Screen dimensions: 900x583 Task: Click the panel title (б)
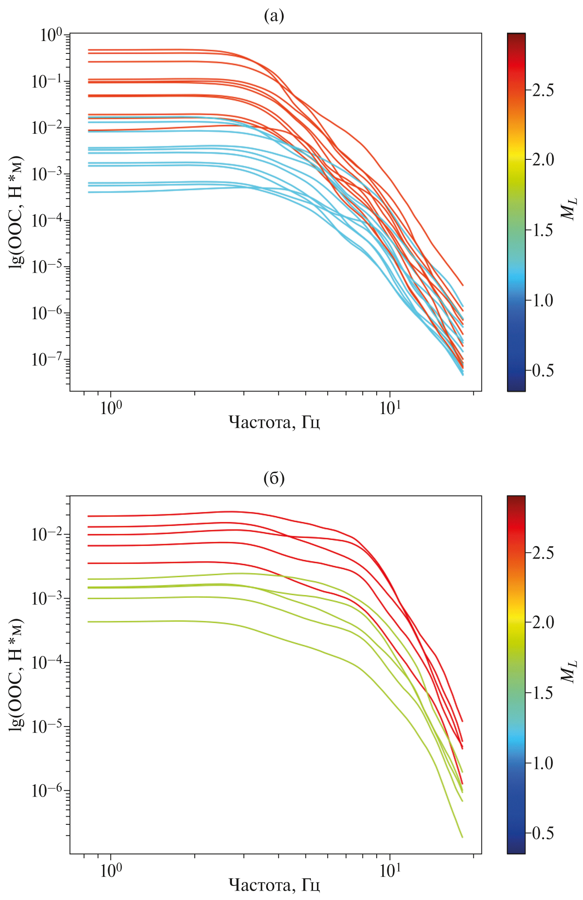click(x=274, y=478)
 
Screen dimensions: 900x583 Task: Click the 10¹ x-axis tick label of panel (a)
click(x=390, y=408)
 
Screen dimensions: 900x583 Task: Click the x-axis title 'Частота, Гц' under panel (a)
click(x=274, y=423)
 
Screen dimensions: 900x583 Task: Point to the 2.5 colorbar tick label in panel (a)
click(x=542, y=90)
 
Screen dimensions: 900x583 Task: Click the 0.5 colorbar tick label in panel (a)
click(x=542, y=370)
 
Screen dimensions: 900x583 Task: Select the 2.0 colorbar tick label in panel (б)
click(x=542, y=622)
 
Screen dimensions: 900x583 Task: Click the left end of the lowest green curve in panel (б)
click(x=89, y=622)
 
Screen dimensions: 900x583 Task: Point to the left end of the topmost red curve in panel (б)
click(x=89, y=516)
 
